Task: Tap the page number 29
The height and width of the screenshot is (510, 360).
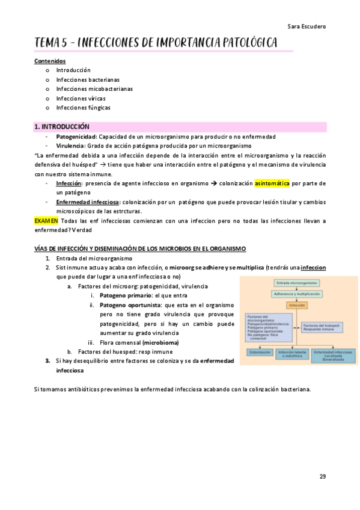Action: pos(323,476)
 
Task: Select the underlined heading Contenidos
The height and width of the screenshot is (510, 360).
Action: pos(50,61)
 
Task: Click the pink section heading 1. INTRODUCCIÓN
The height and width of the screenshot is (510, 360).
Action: pos(62,127)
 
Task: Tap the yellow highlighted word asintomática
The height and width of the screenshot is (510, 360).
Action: pos(272,183)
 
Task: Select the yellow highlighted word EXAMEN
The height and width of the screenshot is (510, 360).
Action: pos(47,221)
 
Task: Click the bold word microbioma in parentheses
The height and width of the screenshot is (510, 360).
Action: pos(160,342)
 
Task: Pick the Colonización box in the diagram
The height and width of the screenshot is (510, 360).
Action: pos(259,354)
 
